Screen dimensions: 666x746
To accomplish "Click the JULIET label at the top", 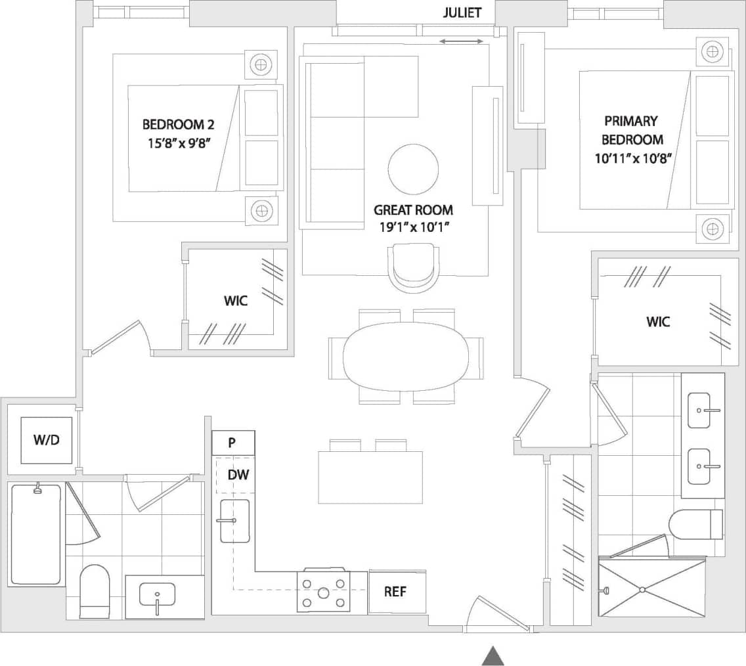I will coord(462,12).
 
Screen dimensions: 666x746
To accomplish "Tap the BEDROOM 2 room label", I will coord(178,125).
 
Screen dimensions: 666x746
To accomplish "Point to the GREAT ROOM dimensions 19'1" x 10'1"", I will coord(413,227).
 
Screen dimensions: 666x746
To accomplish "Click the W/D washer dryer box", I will coord(47,440).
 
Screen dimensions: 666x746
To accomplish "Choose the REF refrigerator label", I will coord(395,591).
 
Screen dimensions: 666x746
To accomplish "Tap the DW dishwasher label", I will coord(238,474).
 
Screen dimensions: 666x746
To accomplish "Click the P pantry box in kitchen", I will coord(232,443).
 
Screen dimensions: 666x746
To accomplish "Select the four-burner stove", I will coord(323,591).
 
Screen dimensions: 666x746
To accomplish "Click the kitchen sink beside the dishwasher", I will coord(234,521).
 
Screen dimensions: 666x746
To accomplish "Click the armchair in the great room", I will coord(413,267).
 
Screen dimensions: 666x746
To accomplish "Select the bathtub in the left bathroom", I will coord(36,535).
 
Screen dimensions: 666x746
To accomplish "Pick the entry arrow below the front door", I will coord(493,655).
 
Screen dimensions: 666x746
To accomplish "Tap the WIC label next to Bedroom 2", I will coord(235,301).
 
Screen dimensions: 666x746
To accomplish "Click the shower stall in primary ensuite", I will coord(651,588).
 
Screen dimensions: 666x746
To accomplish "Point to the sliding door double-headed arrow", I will coord(461,42).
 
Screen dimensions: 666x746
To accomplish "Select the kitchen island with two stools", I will coord(370,476).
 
